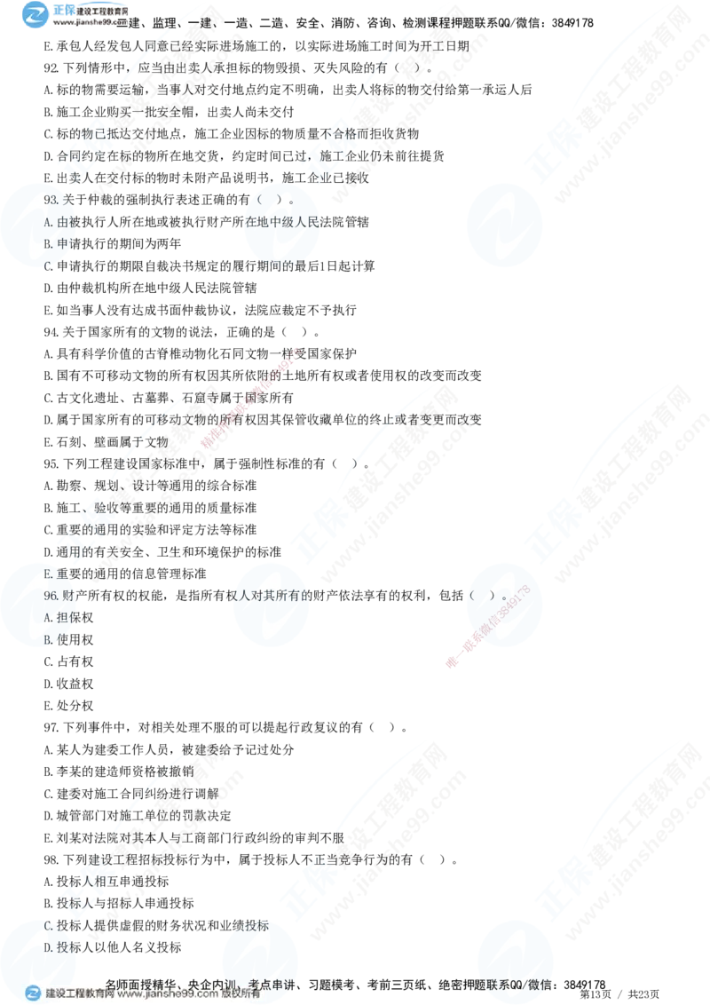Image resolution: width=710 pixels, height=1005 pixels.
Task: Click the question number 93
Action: [51, 200]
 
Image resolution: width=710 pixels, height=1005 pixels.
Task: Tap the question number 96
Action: [51, 595]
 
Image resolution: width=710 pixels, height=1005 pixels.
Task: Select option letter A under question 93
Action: [49, 221]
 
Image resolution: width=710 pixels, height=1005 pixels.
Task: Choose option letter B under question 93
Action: [49, 242]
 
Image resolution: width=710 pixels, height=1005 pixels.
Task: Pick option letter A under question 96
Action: [49, 616]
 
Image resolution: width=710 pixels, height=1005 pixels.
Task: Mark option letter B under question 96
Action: [49, 637]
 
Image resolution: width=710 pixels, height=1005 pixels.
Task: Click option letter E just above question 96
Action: [49, 574]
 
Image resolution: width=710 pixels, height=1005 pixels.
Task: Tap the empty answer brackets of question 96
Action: [488, 595]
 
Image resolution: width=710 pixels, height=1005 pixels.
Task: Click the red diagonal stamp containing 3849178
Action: [491, 627]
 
